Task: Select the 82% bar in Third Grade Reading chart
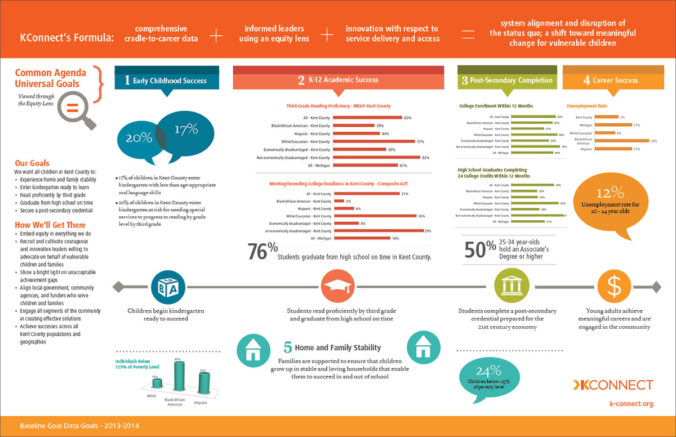point(377,158)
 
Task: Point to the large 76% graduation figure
point(263,251)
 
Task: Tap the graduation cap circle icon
point(338,287)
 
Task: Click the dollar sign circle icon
point(613,286)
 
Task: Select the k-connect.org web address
point(631,403)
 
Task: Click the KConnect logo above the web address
point(613,385)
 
